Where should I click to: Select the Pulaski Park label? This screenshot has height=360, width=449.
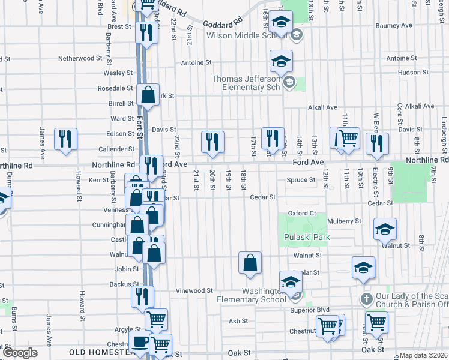[x=307, y=237]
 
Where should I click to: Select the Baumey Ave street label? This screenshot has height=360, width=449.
[x=394, y=26]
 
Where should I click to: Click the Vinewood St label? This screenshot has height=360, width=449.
[x=194, y=290]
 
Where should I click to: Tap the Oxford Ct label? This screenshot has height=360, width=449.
[x=301, y=213]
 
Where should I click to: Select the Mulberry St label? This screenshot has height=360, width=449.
[x=344, y=221]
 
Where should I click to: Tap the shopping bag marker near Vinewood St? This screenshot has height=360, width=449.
[x=250, y=262]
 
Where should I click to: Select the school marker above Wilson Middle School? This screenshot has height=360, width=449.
[x=280, y=22]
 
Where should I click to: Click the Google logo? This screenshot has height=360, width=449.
[x=20, y=353]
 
